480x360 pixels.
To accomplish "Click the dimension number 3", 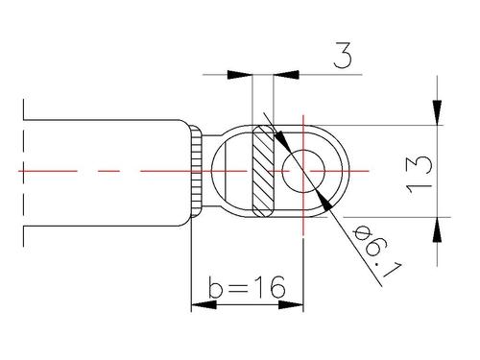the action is click(343, 56).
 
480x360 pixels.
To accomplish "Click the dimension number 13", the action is click(420, 175).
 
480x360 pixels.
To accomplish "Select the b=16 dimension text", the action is click(247, 287).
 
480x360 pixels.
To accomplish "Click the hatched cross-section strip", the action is click(263, 171).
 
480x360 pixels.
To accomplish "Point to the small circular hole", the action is click(303, 171).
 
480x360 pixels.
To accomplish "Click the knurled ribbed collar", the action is click(196, 171).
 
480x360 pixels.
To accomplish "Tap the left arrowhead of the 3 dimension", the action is click(239, 75).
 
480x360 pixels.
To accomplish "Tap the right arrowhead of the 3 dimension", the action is click(286, 75).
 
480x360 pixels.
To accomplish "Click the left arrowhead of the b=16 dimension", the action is click(204, 304).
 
